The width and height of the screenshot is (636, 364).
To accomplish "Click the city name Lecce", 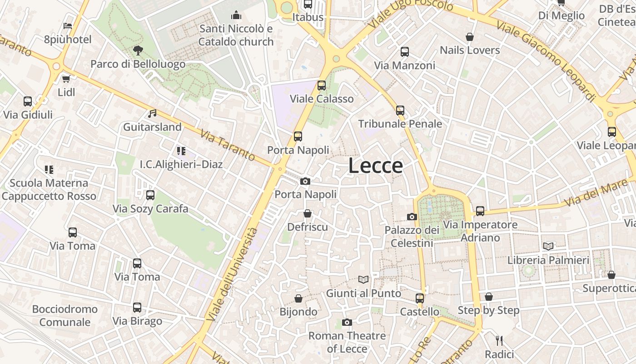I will (x=375, y=166).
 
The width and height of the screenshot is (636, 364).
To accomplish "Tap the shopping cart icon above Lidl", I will (x=66, y=79).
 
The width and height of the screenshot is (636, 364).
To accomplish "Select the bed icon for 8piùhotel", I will (x=68, y=26).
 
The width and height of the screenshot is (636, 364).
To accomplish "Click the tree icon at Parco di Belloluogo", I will (x=138, y=50).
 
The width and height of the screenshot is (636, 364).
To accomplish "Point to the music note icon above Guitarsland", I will (x=152, y=113).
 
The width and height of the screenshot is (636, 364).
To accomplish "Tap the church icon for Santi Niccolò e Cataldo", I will (x=236, y=15).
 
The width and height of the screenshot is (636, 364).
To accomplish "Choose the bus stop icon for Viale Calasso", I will (x=322, y=85).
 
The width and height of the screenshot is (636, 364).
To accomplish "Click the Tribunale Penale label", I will (x=400, y=124).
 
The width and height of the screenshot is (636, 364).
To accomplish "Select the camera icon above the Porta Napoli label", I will (x=305, y=181).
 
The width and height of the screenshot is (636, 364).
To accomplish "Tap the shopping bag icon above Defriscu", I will (x=308, y=213).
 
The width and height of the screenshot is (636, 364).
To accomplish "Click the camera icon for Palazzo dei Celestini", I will (x=412, y=217).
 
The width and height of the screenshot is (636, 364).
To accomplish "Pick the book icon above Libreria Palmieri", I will (x=548, y=246).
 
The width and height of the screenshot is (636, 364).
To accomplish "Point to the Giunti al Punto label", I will (x=363, y=293).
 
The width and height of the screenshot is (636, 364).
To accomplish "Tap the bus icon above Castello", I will (x=419, y=298).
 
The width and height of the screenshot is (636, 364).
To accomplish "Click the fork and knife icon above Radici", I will (x=499, y=340).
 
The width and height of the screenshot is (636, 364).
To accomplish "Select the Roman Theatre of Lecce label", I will (x=347, y=342).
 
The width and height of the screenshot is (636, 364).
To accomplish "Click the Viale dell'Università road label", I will (x=232, y=274).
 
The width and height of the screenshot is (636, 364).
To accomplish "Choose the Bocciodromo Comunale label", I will (x=65, y=316).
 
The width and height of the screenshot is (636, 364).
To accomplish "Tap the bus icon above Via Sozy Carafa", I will (x=150, y=195).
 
